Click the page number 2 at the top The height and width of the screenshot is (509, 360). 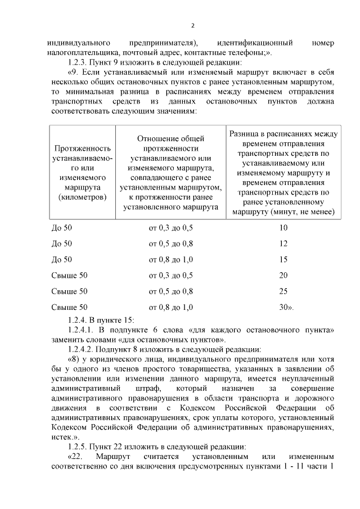tap(192, 25)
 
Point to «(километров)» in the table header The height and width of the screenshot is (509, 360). tap(82, 197)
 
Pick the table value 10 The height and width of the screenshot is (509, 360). tap(283, 228)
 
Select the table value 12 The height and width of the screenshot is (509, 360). tap(283, 244)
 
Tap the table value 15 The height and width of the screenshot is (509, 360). tap(283, 259)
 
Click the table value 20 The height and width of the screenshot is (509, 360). tap(283, 275)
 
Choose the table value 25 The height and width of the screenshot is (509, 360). tap(283, 291)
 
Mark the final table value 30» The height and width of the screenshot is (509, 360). tap(286, 307)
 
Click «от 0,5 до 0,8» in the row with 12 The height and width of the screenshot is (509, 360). tap(170, 244)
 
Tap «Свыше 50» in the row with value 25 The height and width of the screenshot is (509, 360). tap(69, 291)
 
